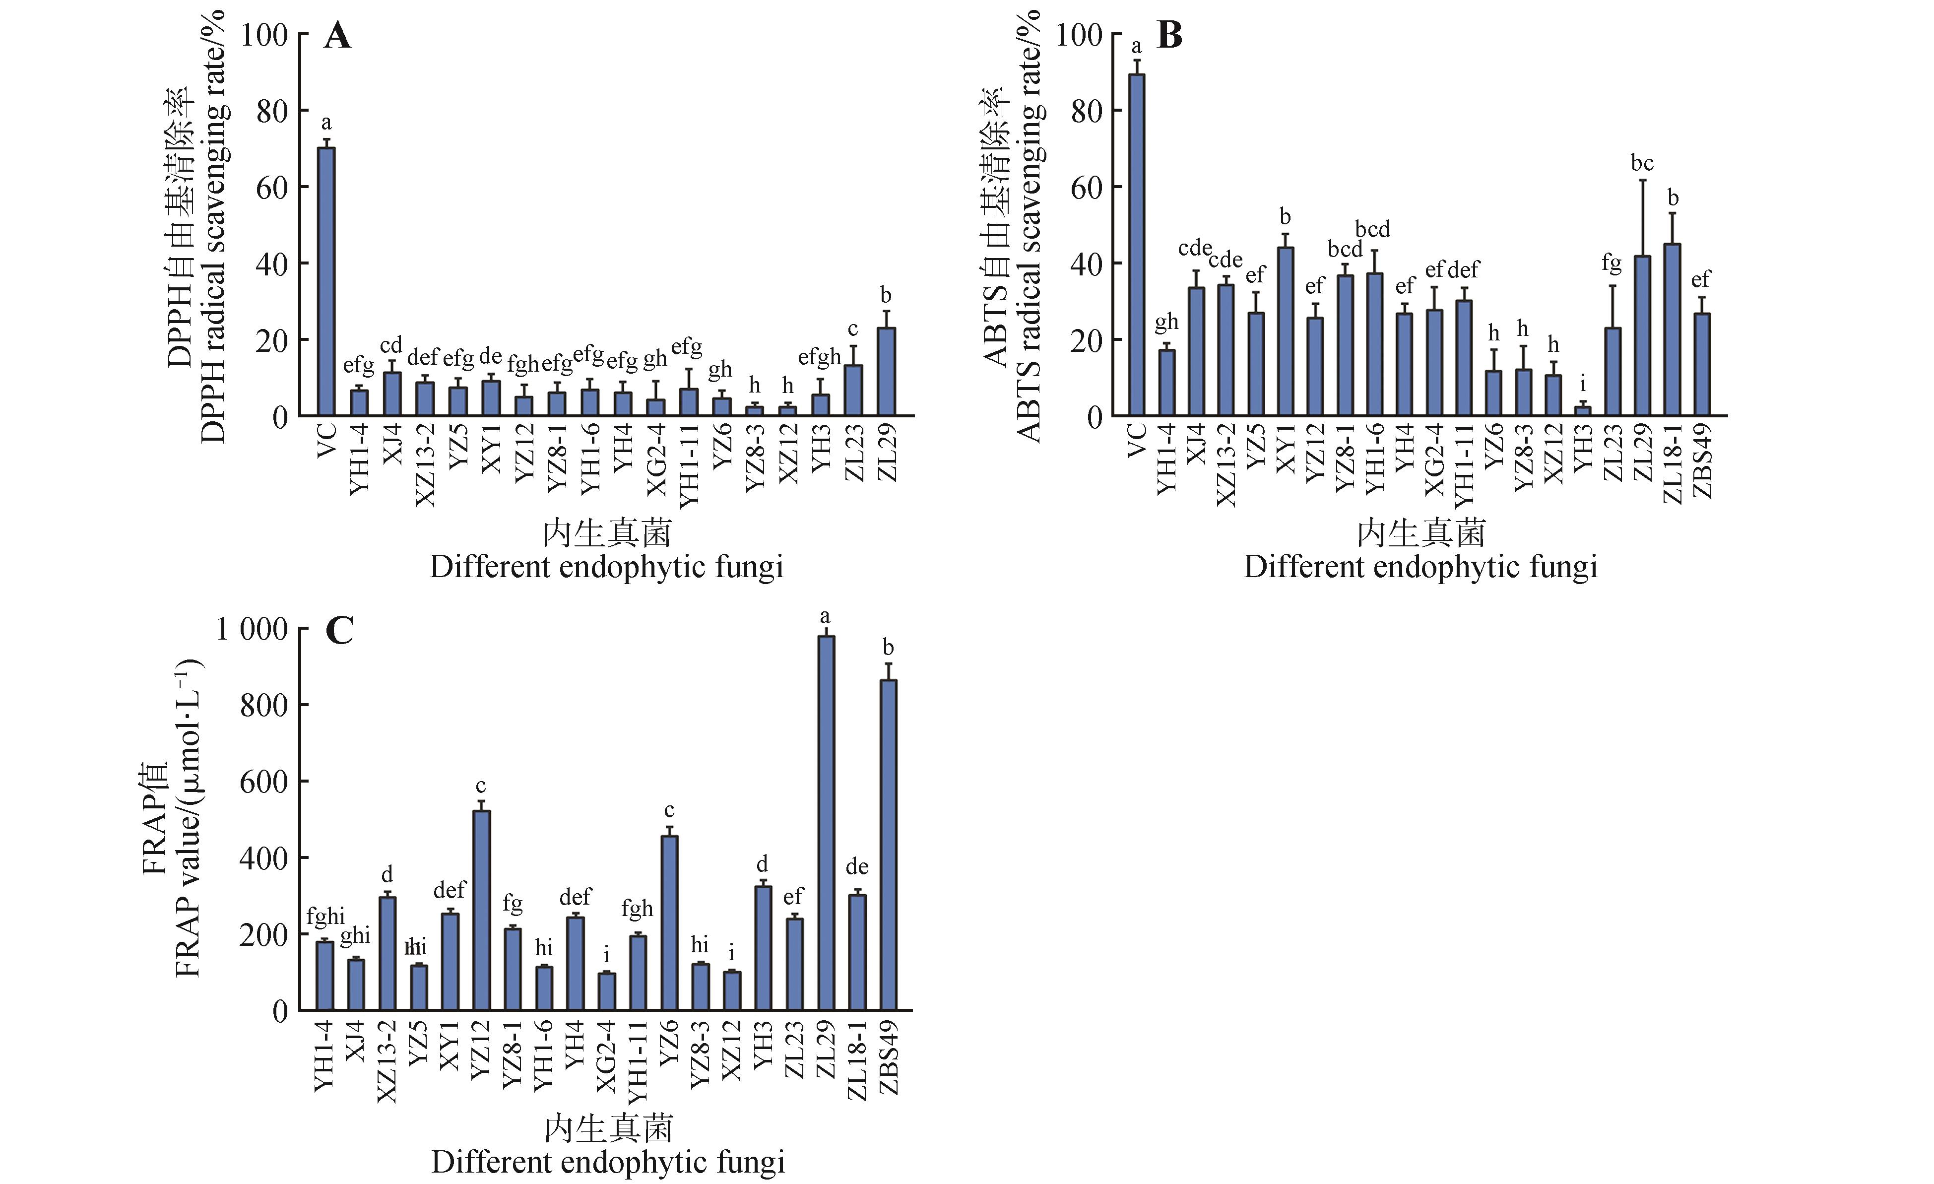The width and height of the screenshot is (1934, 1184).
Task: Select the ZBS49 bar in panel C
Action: click(889, 844)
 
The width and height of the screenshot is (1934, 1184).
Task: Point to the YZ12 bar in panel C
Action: click(481, 910)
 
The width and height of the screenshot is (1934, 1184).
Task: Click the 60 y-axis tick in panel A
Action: click(271, 187)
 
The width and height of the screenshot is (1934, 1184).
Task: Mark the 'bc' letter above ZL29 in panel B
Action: click(1642, 163)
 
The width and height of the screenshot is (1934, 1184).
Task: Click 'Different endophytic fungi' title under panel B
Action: click(1420, 567)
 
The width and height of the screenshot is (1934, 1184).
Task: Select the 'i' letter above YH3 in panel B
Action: click(1583, 385)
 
